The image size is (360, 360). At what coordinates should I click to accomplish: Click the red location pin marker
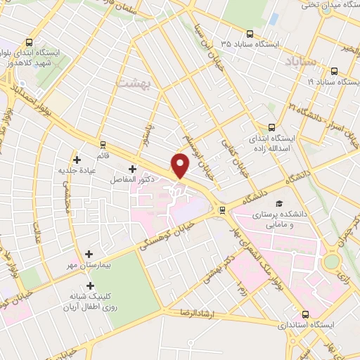[x=181, y=165]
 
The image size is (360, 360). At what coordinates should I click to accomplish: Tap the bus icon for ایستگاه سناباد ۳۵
[x=250, y=33]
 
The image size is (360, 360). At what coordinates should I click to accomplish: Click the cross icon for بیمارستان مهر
[x=89, y=254]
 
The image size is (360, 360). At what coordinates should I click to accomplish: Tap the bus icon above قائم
[x=103, y=143]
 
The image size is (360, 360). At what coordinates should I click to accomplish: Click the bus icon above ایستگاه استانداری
[x=305, y=314]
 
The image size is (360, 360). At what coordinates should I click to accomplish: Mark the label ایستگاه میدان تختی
[x=330, y=5]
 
